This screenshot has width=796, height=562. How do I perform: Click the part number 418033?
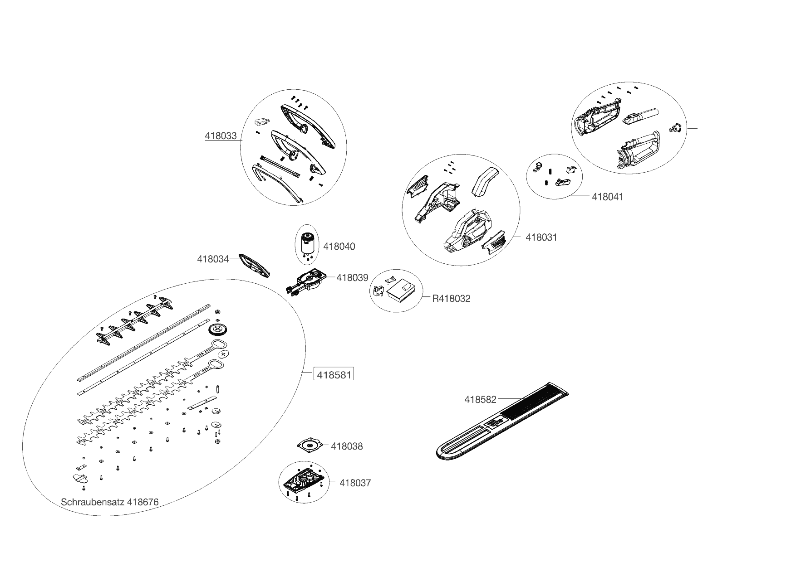(x=221, y=136)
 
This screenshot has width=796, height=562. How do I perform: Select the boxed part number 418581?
(x=334, y=375)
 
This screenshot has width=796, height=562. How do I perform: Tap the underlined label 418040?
(x=339, y=247)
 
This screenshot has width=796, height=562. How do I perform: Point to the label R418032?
(x=451, y=298)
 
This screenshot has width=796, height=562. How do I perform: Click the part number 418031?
(x=541, y=237)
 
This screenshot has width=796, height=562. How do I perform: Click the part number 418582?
(x=480, y=399)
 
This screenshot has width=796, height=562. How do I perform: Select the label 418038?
(x=347, y=446)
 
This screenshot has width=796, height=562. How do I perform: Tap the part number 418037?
(x=355, y=483)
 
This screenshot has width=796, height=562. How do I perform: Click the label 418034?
(x=213, y=259)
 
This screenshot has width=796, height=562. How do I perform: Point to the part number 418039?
(x=352, y=277)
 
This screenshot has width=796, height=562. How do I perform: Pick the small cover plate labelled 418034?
(x=255, y=265)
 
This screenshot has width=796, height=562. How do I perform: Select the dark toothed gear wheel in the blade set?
(x=220, y=329)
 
